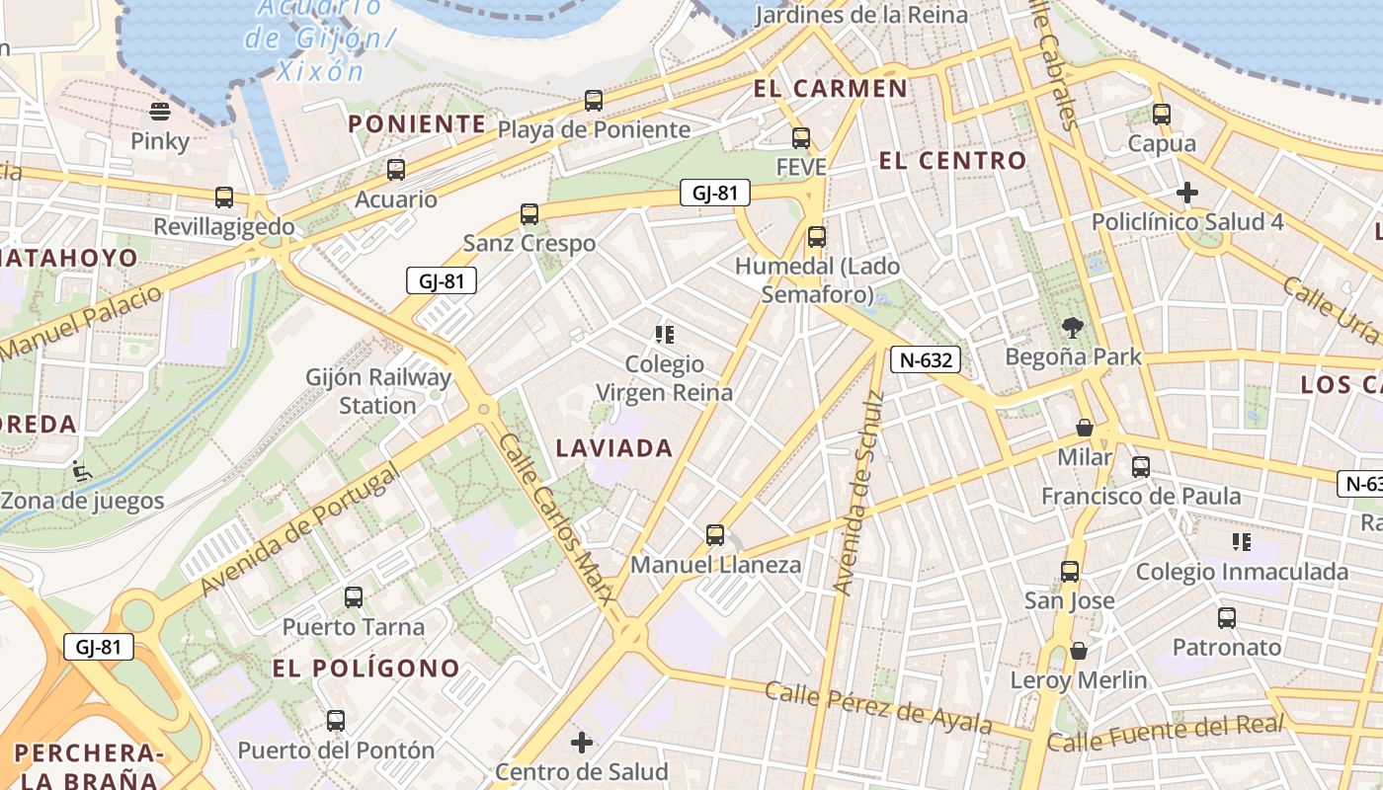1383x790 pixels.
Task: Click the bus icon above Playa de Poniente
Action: click(593, 100)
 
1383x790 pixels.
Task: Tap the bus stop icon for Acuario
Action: click(396, 170)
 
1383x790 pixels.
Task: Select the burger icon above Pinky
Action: click(160, 111)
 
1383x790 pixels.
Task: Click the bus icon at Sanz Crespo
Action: click(529, 213)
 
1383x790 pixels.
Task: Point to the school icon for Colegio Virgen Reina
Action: click(665, 335)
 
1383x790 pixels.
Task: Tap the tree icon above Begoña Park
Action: click(1073, 328)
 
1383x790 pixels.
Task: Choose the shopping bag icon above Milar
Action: click(1085, 428)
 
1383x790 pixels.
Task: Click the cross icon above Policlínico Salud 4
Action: click(1187, 192)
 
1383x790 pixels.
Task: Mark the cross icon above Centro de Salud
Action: click(582, 742)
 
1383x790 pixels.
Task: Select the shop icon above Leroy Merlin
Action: click(1079, 651)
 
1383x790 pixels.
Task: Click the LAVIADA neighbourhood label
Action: click(614, 448)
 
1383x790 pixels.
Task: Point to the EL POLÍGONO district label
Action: click(366, 669)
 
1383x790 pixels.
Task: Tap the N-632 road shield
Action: click(926, 359)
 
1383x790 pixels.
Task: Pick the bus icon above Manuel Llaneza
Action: click(715, 535)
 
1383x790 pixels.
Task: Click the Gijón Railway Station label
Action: click(378, 391)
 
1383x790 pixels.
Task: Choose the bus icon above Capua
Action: click(1162, 115)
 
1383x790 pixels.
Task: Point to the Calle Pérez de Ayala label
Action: click(878, 708)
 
